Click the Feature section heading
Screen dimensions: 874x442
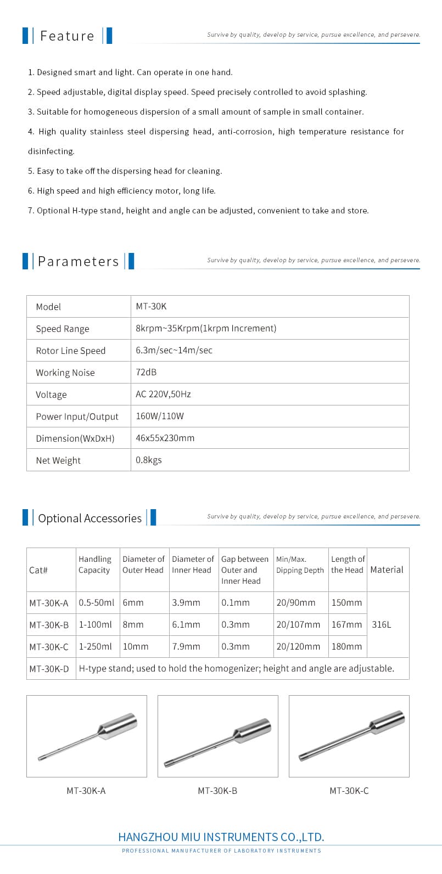coord(67,36)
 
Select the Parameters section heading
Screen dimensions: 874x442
coord(78,262)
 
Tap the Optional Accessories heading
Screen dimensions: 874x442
coord(89,518)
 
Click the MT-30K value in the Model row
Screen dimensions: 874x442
coord(151,307)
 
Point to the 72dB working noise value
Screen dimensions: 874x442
coord(146,372)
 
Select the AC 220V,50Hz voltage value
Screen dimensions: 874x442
coord(163,394)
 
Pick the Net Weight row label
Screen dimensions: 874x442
coord(58,460)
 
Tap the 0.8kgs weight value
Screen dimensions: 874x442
coord(149,460)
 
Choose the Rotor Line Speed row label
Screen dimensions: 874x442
coord(70,351)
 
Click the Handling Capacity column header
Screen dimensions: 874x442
coord(94,565)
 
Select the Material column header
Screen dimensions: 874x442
coord(387,569)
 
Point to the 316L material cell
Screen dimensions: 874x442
coord(382,624)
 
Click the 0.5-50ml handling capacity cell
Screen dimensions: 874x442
coord(96,602)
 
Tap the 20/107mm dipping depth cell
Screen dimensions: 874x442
coord(298,624)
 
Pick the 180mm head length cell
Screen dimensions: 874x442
coord(346,646)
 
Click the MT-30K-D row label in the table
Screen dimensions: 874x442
coord(49,669)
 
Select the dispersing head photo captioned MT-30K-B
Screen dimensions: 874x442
coord(218,736)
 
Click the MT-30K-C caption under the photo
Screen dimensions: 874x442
coord(349,791)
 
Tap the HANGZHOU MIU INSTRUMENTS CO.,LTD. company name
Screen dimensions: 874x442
coord(221,837)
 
